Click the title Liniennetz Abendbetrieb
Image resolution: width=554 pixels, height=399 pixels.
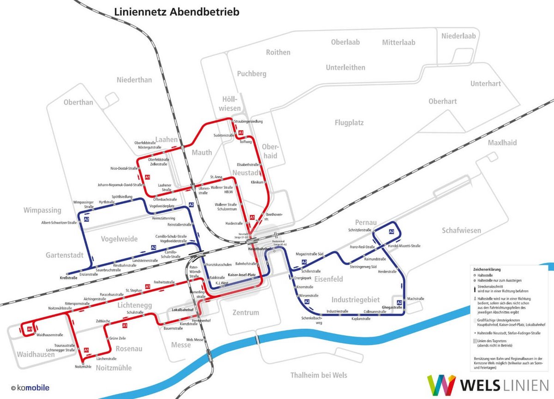point(176,12)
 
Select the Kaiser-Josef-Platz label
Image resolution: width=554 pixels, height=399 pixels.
point(242,275)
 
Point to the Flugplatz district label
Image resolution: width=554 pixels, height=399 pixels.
point(349,123)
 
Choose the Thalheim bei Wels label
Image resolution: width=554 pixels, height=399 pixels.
point(319,375)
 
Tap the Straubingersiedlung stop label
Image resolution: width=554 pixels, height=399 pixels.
point(248,121)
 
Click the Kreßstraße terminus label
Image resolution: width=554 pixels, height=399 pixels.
point(67,278)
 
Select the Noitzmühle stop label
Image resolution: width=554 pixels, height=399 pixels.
point(83,367)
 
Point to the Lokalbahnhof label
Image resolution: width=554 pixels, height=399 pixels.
point(182,310)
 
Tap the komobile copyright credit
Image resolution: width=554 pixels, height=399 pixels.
point(30,388)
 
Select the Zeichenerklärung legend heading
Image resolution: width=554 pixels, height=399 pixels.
point(487,268)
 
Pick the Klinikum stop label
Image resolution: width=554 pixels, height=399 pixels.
point(257,182)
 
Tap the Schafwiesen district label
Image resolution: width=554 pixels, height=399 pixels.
point(461,230)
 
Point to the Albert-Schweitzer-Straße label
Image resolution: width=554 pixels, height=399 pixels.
point(59,222)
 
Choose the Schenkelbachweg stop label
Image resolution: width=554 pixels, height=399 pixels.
point(312,321)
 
